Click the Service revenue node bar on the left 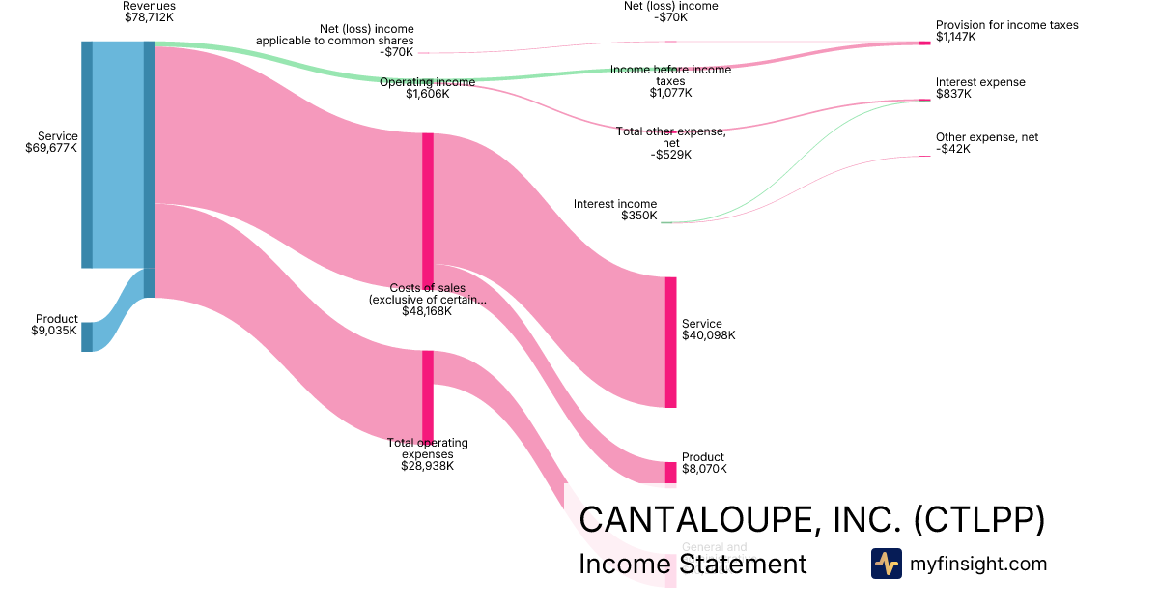coord(87,155)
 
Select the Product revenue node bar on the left coord(87,336)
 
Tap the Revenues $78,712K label coord(150,12)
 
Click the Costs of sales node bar coord(428,208)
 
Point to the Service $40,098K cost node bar coord(670,342)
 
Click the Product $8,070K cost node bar coord(670,472)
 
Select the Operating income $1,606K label coord(427,88)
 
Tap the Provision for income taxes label coord(1006,31)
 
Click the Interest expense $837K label coord(980,88)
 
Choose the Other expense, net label coord(986,143)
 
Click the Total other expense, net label coord(670,143)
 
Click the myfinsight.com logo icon coord(886,564)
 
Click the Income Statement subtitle coord(692,564)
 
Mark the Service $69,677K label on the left coord(52,142)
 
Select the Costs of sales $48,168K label coord(427,300)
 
